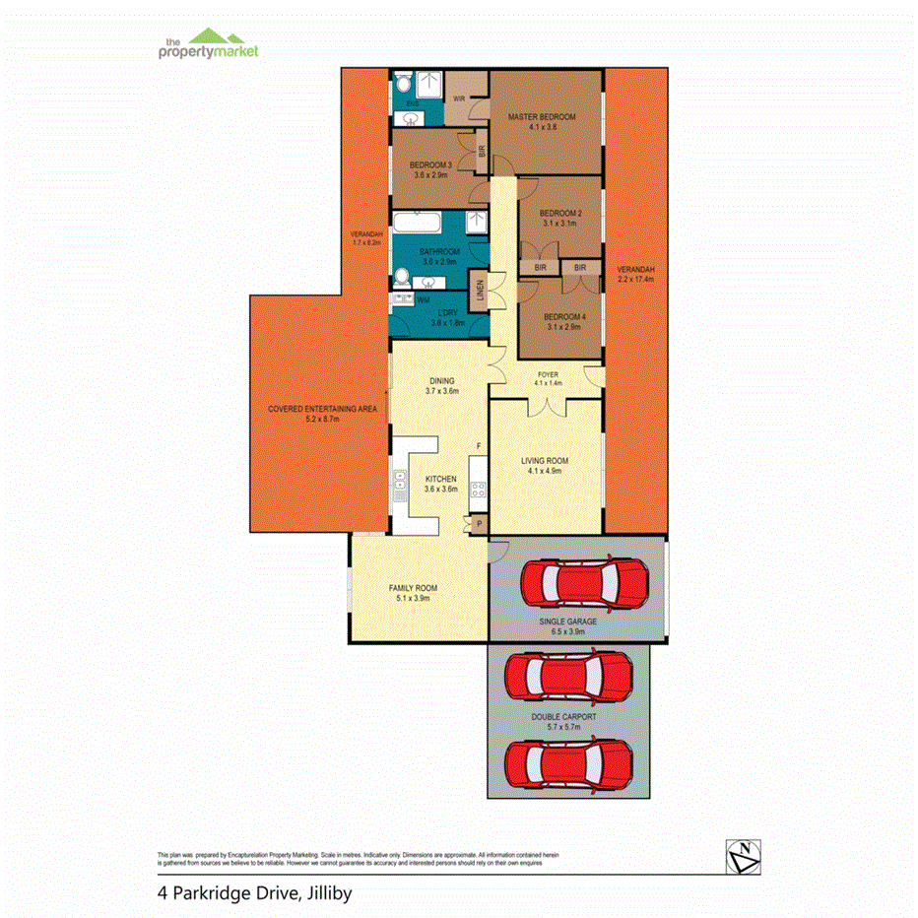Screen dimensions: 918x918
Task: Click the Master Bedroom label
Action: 541,117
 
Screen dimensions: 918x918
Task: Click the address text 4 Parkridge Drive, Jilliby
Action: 254,894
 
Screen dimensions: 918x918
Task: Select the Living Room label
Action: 544,460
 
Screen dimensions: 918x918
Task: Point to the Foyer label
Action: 547,374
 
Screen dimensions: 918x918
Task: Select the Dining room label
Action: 441,380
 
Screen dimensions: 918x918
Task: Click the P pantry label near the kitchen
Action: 480,525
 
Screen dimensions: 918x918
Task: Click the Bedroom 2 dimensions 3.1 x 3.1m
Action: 557,224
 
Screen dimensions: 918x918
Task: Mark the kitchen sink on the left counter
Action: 402,484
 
